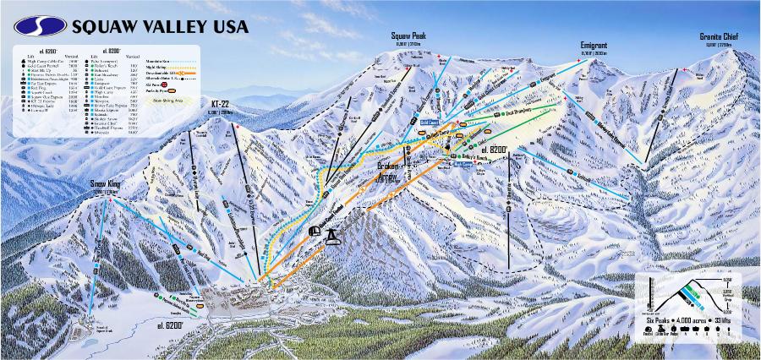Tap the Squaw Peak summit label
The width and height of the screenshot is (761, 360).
409,35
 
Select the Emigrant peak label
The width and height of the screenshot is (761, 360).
594,44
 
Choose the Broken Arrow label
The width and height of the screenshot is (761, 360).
391,172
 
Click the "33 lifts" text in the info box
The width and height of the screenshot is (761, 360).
723,322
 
